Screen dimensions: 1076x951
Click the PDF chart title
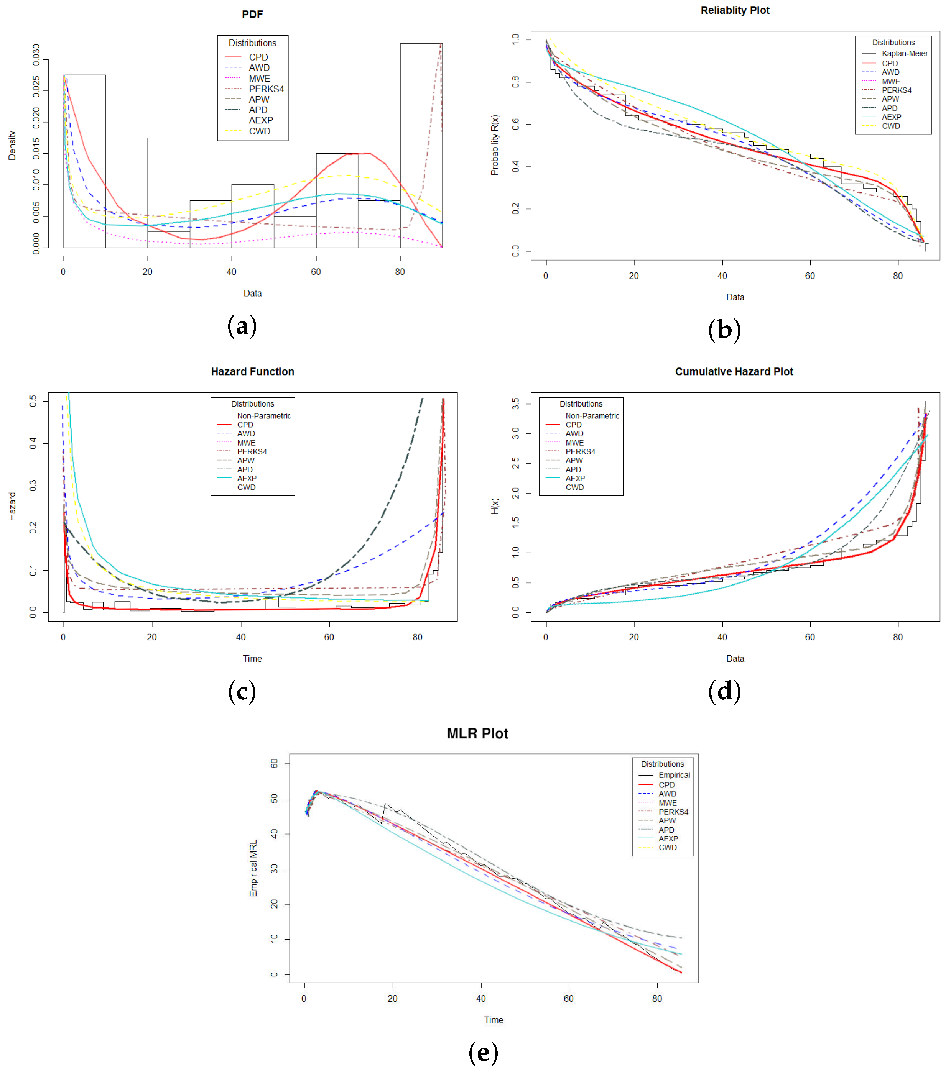pos(252,14)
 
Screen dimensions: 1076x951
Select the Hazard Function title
pos(252,372)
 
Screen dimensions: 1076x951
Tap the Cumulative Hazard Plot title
pos(734,372)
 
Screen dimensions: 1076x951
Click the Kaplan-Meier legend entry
pos(904,54)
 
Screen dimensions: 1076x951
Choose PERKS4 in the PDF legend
pos(266,89)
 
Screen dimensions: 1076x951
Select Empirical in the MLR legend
pos(674,775)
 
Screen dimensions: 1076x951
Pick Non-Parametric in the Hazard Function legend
pos(263,416)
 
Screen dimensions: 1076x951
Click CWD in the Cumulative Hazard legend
pos(574,487)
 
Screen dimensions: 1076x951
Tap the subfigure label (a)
pos(242,326)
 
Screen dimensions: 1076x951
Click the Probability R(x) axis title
pos(494,145)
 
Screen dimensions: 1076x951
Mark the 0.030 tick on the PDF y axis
pos(36,55)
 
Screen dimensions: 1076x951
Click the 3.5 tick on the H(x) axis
pos(516,404)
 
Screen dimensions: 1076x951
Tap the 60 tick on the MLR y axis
pos(274,763)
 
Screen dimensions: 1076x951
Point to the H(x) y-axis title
pos(494,507)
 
